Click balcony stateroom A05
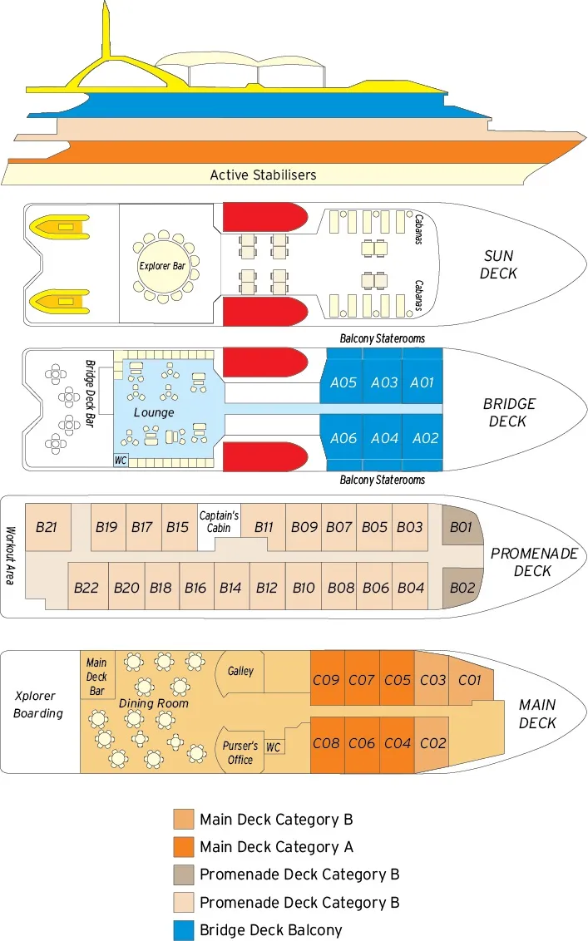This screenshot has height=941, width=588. pos(343,383)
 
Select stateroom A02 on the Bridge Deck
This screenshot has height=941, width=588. pos(424,438)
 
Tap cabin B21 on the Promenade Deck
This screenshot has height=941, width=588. pos(47,526)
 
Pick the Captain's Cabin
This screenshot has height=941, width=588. pos(219,522)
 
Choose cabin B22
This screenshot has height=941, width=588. pos(86,588)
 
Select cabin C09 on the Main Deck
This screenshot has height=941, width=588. pos(326,680)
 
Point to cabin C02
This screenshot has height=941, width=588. pos(432,743)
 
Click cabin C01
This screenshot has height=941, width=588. pos(470,680)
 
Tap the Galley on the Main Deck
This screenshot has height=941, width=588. pos(241,671)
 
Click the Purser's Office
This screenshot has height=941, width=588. pos(241,752)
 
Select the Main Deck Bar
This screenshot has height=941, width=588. pos(96,677)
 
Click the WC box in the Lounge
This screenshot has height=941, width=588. pos(121,460)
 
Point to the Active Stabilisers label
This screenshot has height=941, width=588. pos(263,175)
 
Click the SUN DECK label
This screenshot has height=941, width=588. pos(498,264)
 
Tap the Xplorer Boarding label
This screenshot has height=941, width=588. pos(38,705)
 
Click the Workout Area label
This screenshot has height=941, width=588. pos(11,554)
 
